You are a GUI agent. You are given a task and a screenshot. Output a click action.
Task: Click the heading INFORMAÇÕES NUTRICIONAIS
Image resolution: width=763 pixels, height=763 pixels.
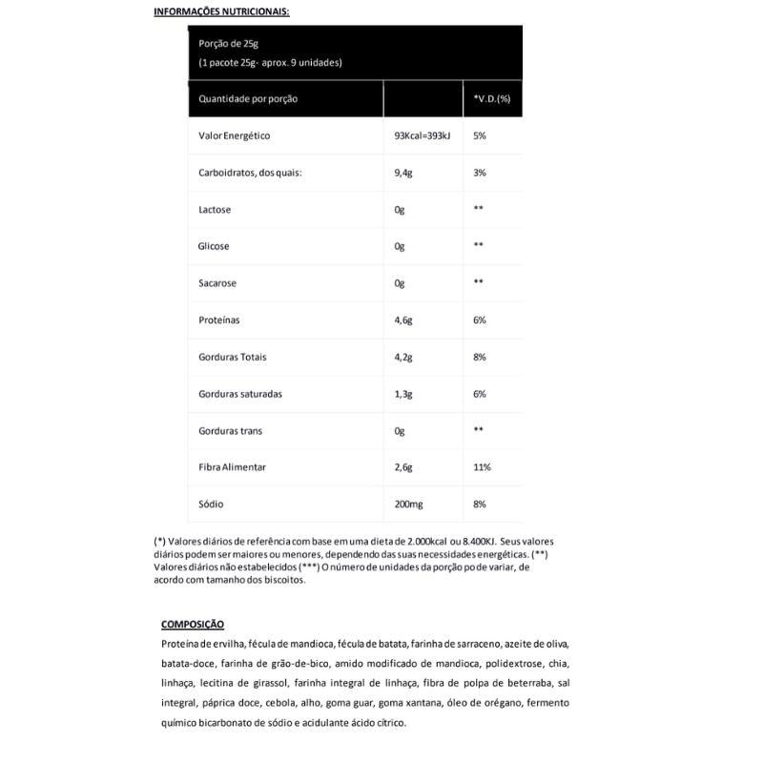(221, 12)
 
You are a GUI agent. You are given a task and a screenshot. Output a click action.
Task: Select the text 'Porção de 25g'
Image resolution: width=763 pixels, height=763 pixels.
(228, 44)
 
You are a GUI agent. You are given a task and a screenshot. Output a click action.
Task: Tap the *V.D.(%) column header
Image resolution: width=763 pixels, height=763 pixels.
(492, 99)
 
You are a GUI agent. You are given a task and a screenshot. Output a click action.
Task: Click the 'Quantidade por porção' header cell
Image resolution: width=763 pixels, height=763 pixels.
(248, 99)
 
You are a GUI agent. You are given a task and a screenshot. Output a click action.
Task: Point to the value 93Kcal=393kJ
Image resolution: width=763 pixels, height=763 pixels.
(423, 136)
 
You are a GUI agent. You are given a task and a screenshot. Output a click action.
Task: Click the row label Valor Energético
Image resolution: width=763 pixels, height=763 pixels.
(235, 136)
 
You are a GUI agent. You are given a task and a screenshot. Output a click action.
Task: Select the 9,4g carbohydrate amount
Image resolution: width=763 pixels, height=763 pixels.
(403, 173)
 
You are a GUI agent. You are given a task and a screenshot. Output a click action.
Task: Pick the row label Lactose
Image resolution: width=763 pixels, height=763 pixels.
(215, 210)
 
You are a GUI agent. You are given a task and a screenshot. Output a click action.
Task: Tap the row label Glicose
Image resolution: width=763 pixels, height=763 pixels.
(214, 246)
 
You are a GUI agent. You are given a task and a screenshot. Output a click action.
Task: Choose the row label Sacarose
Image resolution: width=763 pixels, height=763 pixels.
(217, 283)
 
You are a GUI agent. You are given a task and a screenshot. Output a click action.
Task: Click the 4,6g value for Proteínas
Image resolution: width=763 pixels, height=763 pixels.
(403, 320)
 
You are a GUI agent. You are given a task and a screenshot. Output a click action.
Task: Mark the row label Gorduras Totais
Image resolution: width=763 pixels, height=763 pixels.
(233, 358)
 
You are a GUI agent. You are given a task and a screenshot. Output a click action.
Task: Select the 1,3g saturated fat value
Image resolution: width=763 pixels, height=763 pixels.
(403, 394)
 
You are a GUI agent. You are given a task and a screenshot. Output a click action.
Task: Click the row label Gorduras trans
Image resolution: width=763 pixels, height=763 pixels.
(231, 431)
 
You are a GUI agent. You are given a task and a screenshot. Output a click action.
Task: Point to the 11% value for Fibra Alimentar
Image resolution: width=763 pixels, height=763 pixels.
(482, 467)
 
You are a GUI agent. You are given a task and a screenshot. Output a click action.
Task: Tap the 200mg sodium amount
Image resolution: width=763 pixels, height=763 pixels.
(408, 504)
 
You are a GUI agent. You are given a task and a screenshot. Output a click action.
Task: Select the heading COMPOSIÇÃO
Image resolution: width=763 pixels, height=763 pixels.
(193, 625)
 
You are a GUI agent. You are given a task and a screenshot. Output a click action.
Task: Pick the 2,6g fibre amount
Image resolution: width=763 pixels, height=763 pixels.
(403, 467)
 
